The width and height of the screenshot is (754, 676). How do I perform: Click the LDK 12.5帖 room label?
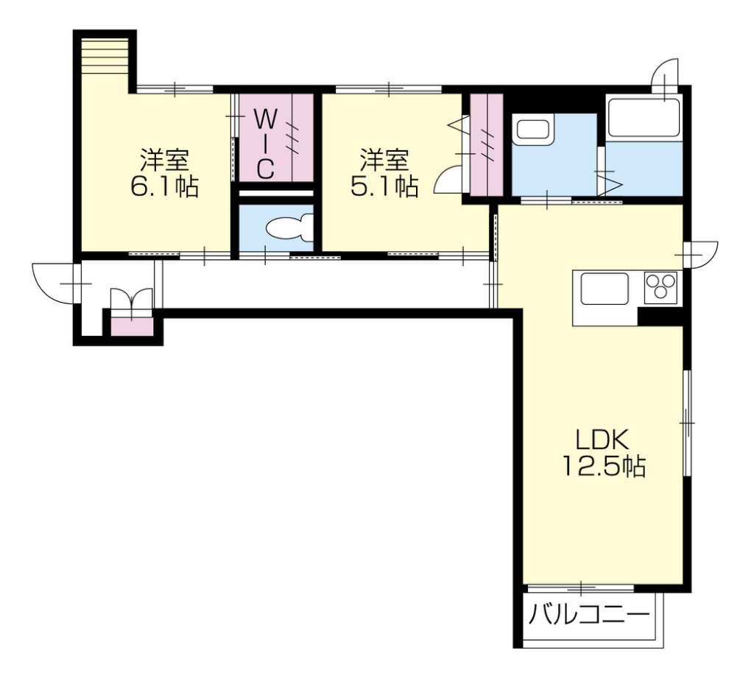604,452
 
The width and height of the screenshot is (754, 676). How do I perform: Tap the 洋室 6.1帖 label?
164,173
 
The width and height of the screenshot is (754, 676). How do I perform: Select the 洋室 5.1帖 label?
384,173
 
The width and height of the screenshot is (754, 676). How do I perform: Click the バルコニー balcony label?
589,615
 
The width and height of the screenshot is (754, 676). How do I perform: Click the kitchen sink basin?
605,289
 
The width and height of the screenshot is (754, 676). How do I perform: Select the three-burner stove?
660,287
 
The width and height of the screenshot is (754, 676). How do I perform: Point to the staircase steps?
106,55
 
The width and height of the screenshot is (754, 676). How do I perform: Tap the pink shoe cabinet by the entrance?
132,327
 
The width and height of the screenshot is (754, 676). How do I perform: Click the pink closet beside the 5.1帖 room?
487,145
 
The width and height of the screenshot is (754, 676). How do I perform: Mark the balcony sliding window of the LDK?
581,588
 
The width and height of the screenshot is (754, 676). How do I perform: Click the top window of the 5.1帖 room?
388,89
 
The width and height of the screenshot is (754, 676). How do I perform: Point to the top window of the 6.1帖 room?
175,89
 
